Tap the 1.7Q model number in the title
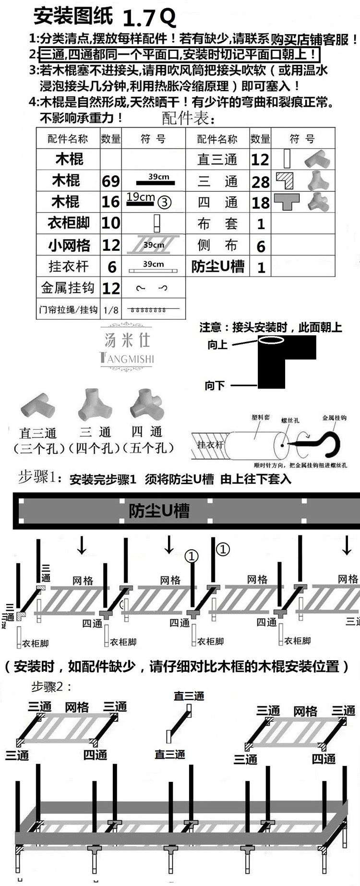coord(149,18)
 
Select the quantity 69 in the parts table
coord(110,181)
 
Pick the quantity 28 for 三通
coord(261,182)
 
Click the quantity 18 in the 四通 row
coord(261,203)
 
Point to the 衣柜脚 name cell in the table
coord(68,223)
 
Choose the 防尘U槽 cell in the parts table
coord(217,267)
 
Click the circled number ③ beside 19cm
coord(164,202)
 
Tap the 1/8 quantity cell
coord(110,310)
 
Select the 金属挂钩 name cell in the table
coord(68,288)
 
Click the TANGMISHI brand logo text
coord(127,358)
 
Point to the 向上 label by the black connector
coord(217,345)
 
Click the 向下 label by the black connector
coord(215,385)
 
